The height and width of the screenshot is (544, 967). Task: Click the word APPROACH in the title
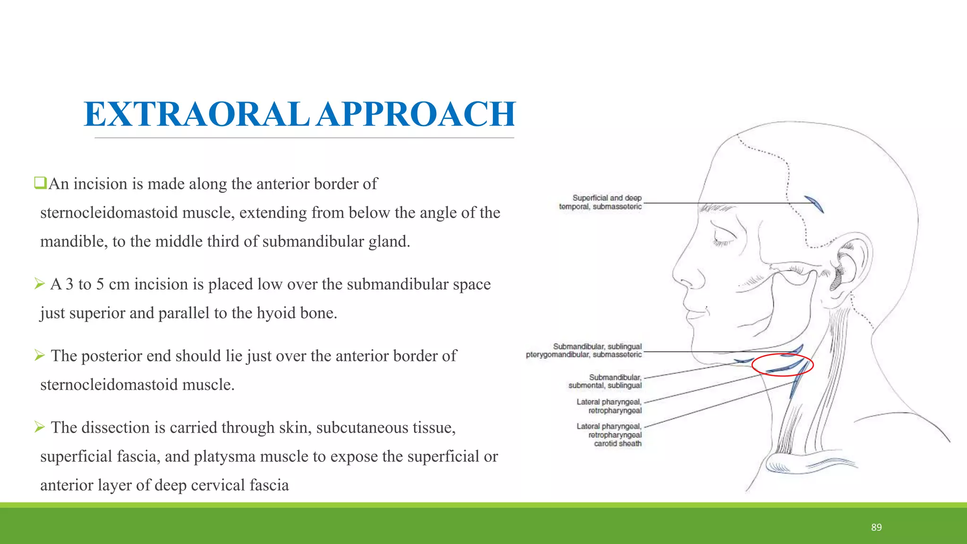pos(416,115)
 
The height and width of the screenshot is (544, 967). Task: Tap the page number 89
pos(876,527)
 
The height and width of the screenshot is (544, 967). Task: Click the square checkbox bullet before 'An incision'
pos(40,182)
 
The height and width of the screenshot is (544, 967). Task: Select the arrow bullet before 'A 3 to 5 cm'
pos(39,284)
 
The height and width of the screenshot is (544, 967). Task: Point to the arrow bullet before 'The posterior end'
pos(39,356)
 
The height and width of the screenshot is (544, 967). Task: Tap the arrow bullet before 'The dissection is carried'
pos(39,427)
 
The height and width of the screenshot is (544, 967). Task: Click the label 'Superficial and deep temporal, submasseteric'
pos(601,202)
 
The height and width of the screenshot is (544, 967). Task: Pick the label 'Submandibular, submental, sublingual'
pos(605,382)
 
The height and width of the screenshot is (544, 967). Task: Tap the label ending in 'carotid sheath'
pos(609,435)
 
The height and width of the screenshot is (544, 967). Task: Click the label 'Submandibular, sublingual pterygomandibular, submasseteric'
pos(585,350)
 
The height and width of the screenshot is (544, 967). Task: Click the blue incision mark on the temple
pos(814,204)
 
